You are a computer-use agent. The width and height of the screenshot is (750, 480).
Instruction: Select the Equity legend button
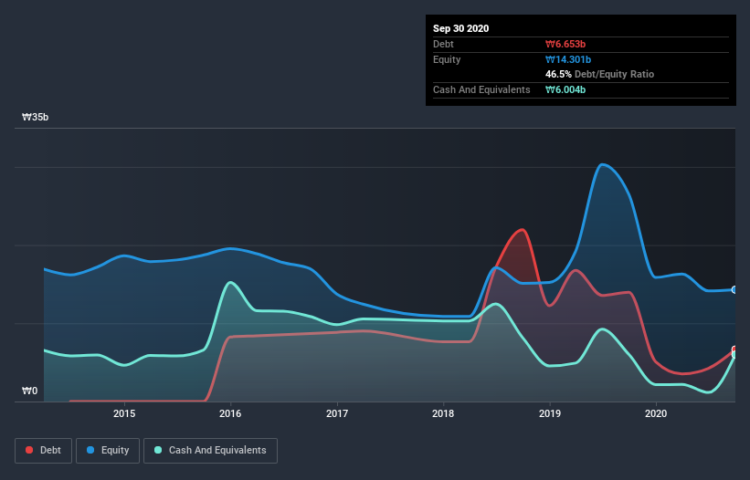(x=108, y=450)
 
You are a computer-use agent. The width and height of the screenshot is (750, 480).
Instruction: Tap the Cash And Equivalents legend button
(x=210, y=450)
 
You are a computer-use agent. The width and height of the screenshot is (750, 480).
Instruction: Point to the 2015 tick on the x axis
(x=124, y=413)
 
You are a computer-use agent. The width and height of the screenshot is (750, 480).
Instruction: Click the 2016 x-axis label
(x=230, y=413)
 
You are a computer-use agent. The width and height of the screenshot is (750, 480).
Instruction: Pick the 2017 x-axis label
(x=337, y=413)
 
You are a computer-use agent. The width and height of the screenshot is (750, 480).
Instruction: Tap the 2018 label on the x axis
(x=443, y=413)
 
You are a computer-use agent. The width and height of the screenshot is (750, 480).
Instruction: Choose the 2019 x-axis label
(x=550, y=413)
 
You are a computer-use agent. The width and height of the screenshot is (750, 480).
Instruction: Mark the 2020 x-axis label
(x=656, y=413)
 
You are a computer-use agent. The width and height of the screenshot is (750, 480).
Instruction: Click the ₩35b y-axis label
(x=36, y=118)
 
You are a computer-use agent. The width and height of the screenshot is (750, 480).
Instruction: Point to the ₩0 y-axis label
(x=30, y=391)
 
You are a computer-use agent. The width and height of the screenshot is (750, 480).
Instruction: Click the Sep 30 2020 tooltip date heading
(x=460, y=28)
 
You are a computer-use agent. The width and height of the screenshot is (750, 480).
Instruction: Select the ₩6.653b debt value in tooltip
(x=566, y=44)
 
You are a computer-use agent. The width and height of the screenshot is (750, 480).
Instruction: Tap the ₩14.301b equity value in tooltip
(x=569, y=59)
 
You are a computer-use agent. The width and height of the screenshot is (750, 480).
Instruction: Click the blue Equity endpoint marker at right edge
(x=734, y=289)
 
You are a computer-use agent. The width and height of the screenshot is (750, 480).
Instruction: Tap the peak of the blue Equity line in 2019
(x=602, y=164)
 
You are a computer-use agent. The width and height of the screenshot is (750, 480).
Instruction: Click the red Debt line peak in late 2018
(x=522, y=229)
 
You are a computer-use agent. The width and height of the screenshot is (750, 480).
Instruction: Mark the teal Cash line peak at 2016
(x=230, y=282)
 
